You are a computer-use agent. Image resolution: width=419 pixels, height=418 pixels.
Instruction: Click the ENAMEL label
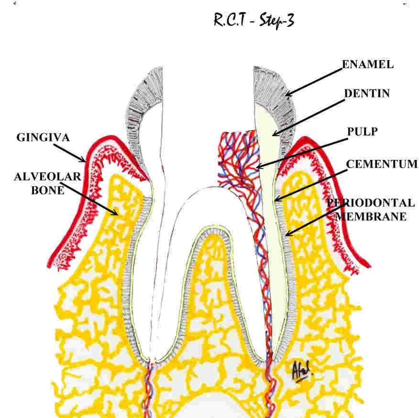[368, 65]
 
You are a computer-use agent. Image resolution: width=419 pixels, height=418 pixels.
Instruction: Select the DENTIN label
[367, 94]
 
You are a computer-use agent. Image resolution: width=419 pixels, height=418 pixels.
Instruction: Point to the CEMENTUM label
[382, 164]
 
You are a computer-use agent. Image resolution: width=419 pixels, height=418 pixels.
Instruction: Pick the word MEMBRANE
[371, 216]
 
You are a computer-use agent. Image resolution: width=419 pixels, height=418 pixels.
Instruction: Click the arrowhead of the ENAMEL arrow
[287, 94]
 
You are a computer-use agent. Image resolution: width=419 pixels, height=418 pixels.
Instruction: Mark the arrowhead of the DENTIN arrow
[274, 134]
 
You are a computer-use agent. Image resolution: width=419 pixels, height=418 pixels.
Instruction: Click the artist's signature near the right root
[302, 368]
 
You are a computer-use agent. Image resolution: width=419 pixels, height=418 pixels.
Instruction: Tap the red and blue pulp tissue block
[238, 158]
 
